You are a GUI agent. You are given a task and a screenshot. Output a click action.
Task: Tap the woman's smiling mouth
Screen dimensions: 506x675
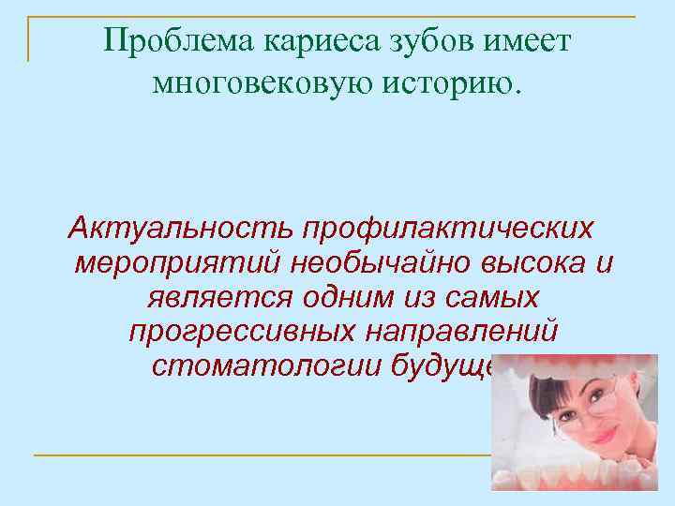click(581, 439)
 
